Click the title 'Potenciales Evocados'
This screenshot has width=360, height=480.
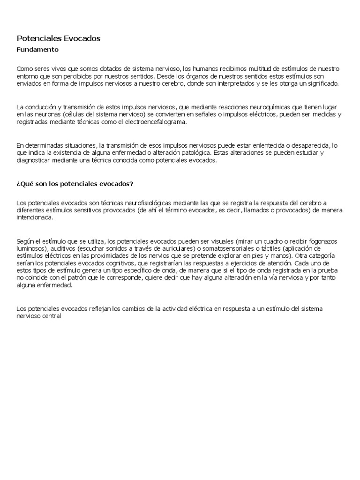[x=59, y=38]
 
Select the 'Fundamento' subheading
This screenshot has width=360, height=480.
[x=37, y=49]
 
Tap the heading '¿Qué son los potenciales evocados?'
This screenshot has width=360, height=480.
[x=75, y=184]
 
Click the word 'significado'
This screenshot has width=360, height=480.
[x=324, y=83]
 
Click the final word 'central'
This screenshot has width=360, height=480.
[x=52, y=315]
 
